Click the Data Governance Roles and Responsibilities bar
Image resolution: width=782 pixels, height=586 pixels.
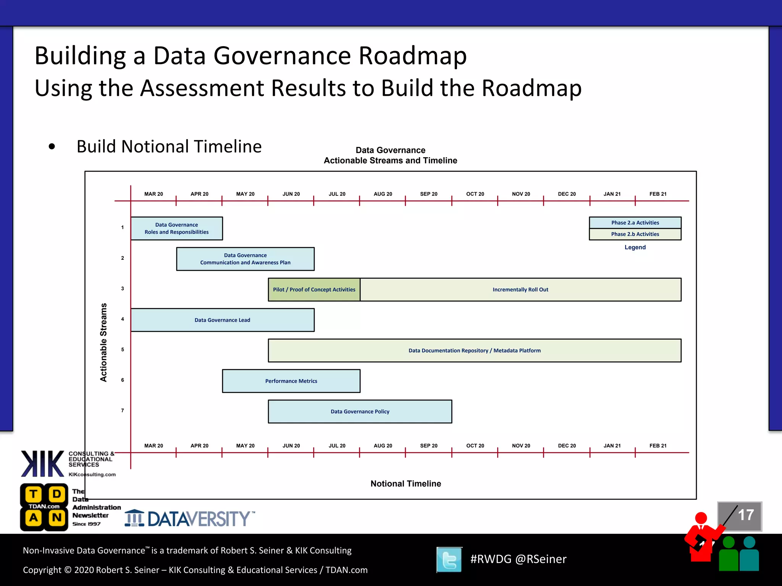(176, 229)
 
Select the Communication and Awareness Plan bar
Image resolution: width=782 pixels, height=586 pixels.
(245, 259)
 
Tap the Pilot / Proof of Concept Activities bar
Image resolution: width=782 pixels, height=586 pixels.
(314, 290)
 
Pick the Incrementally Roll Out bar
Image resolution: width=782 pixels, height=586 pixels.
(520, 290)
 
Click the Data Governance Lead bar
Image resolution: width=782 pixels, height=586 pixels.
(222, 320)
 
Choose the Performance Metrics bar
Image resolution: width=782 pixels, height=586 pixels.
(291, 381)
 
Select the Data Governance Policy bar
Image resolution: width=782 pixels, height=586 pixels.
(360, 412)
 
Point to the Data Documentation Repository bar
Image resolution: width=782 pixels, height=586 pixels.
(474, 351)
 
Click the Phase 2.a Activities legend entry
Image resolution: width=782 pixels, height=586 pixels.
(635, 223)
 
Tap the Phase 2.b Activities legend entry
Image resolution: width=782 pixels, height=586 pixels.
(635, 234)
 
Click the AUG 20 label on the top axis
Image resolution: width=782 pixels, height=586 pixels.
(383, 194)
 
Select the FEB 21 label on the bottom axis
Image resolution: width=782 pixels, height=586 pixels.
(658, 446)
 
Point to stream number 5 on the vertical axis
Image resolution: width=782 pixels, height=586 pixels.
(123, 349)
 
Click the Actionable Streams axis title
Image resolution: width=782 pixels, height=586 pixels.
(103, 342)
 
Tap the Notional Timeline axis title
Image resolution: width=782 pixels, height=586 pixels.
(406, 484)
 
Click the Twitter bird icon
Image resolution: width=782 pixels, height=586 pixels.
(449, 560)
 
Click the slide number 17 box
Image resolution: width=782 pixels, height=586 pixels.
(740, 516)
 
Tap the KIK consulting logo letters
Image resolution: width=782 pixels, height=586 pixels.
(42, 464)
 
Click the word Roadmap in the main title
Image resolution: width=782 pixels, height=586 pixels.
(412, 56)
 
